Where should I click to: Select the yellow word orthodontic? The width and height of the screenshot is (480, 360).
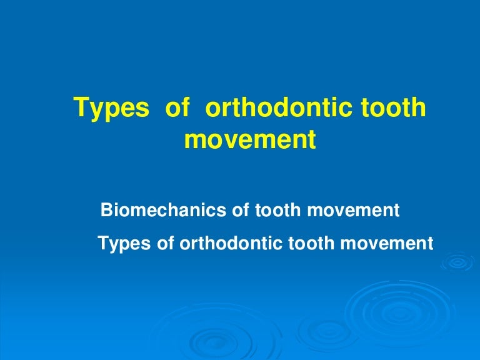coord(285,107)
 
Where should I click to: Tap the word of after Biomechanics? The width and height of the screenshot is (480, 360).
coord(241,211)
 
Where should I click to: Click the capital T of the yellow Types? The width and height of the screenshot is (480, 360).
coord(81,107)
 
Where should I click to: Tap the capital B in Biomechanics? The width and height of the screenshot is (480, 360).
coord(107,211)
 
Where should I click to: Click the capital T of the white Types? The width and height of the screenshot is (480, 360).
coord(104,243)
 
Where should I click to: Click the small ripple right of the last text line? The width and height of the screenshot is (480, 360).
coord(459,262)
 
